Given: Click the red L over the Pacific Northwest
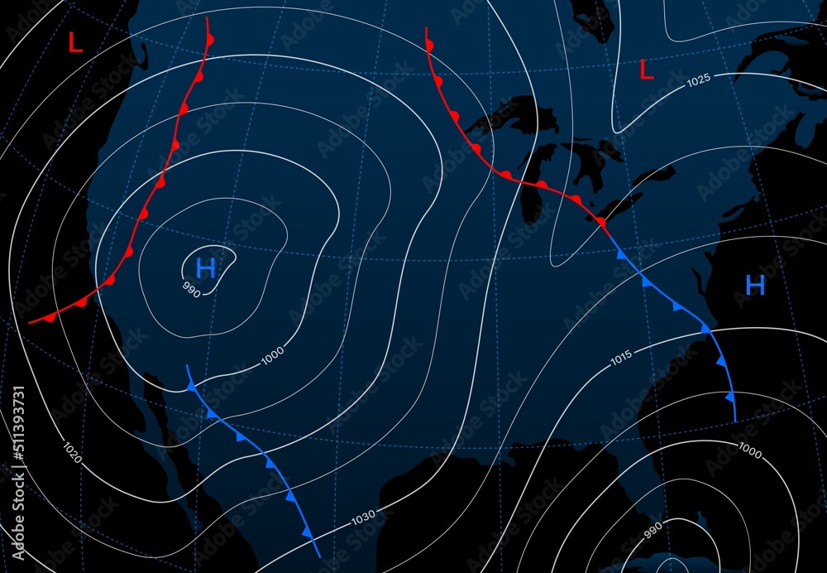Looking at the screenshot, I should tap(75, 42).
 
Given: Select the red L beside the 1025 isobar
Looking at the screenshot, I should tap(647, 71).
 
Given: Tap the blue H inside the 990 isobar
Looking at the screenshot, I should tap(205, 267).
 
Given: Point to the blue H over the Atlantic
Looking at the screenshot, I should tap(754, 286).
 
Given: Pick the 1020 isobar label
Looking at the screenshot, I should tap(72, 452).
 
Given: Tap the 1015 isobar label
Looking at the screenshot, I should tap(621, 358).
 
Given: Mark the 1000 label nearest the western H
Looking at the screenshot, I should tap(272, 355).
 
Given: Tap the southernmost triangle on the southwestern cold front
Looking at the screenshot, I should tap(308, 533).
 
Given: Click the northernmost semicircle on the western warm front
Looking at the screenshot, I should tap(210, 40).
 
